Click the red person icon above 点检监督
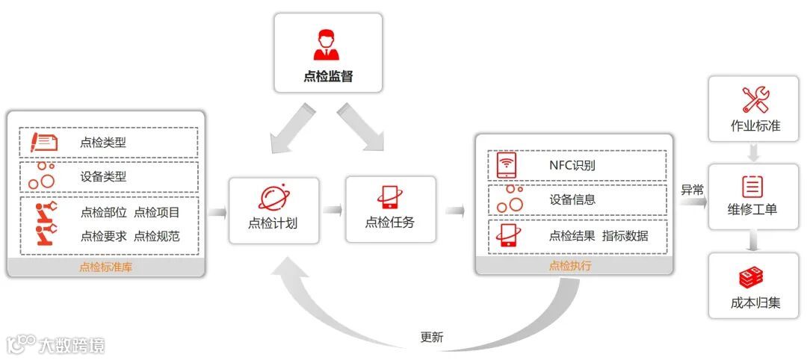point(326,46)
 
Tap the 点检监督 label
point(328,76)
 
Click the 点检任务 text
point(389,222)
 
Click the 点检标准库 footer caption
point(105,267)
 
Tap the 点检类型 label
point(103,142)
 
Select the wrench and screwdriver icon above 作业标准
point(755,100)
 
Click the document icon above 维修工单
point(752,186)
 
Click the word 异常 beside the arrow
point(691,190)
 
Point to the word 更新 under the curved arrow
point(432,337)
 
